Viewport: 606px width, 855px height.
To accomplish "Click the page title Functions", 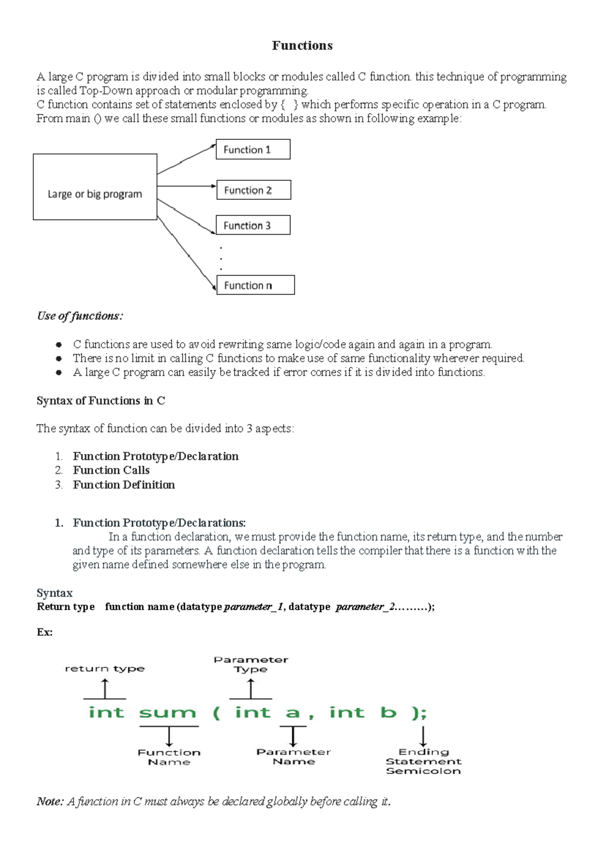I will [x=302, y=45].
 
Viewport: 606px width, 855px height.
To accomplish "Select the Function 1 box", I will [x=253, y=149].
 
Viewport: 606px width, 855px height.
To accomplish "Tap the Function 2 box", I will [x=254, y=190].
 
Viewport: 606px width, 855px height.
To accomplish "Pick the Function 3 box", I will [x=253, y=225].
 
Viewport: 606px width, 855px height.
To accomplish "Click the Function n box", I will [x=256, y=285].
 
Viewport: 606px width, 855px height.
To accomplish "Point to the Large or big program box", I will [x=95, y=187].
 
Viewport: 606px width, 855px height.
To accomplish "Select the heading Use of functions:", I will [x=80, y=316].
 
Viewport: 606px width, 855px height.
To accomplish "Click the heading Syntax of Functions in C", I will [x=100, y=401].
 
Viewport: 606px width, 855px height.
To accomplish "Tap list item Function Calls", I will [x=111, y=470].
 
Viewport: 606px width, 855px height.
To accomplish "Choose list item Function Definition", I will [x=124, y=485].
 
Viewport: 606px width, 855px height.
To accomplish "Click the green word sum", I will [x=167, y=713].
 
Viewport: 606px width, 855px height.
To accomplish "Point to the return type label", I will [x=105, y=669].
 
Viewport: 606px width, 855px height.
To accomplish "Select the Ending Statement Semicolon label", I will [x=423, y=761].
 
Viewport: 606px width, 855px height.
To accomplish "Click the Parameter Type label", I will [x=250, y=664].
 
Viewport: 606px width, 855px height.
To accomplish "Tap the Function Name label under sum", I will [x=169, y=757].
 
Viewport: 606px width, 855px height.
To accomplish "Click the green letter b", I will [x=388, y=712].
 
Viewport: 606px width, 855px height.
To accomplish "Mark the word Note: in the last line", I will [x=50, y=801].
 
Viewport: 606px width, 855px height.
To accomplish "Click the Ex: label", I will [x=44, y=632].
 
